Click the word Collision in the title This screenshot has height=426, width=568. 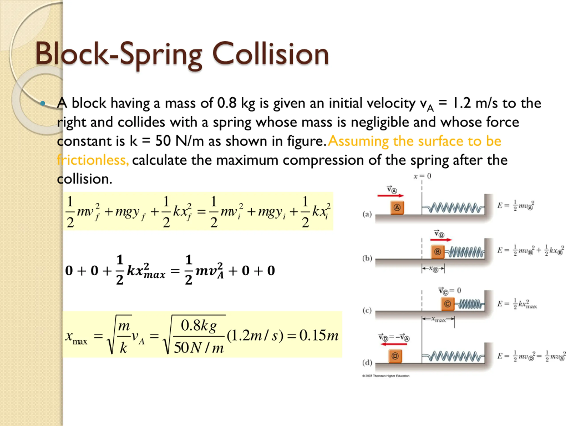pyautogui.click(x=270, y=54)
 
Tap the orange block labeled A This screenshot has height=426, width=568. pyautogui.click(x=397, y=207)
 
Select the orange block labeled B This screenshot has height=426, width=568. pyautogui.click(x=438, y=252)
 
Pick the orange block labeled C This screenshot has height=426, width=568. pyautogui.click(x=447, y=304)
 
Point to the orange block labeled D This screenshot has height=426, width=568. pyautogui.click(x=395, y=356)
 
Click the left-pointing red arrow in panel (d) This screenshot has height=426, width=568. pyautogui.click(x=394, y=344)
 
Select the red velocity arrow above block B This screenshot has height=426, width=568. pyautogui.click(x=441, y=240)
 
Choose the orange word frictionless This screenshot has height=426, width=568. pyautogui.click(x=93, y=160)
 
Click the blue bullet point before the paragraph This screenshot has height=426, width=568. pyautogui.click(x=43, y=103)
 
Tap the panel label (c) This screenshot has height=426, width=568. pyautogui.click(x=367, y=310)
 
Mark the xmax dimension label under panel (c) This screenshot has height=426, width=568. pyautogui.click(x=438, y=319)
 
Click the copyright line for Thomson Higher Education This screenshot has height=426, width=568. pyautogui.click(x=386, y=376)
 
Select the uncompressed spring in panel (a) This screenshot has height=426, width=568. pyautogui.click(x=453, y=207)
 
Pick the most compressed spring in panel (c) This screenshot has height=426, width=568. pyautogui.click(x=469, y=304)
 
